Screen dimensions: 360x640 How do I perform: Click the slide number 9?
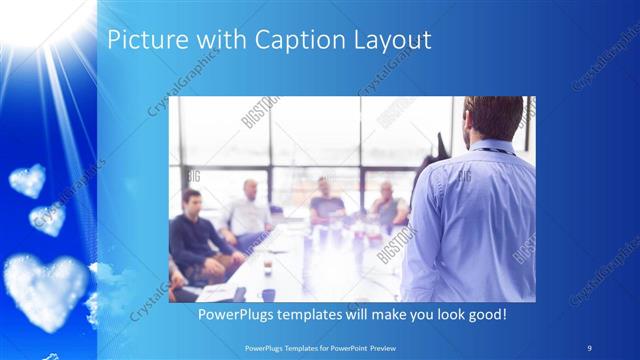click(x=587, y=348)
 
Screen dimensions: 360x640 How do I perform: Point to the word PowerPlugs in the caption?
click(x=238, y=315)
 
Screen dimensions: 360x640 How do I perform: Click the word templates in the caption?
click(x=319, y=315)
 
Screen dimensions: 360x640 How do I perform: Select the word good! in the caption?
click(x=484, y=315)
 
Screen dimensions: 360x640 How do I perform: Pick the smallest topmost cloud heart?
click(x=27, y=180)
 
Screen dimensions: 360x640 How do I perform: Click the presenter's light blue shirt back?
click(x=470, y=220)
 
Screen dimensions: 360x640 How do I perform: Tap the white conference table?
click(x=300, y=265)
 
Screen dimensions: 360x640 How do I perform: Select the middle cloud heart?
click(x=48, y=217)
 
